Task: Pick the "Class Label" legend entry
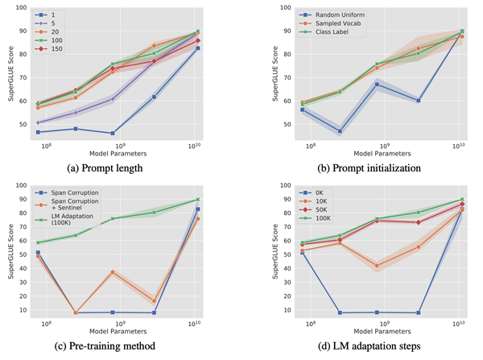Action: (x=322, y=32)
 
